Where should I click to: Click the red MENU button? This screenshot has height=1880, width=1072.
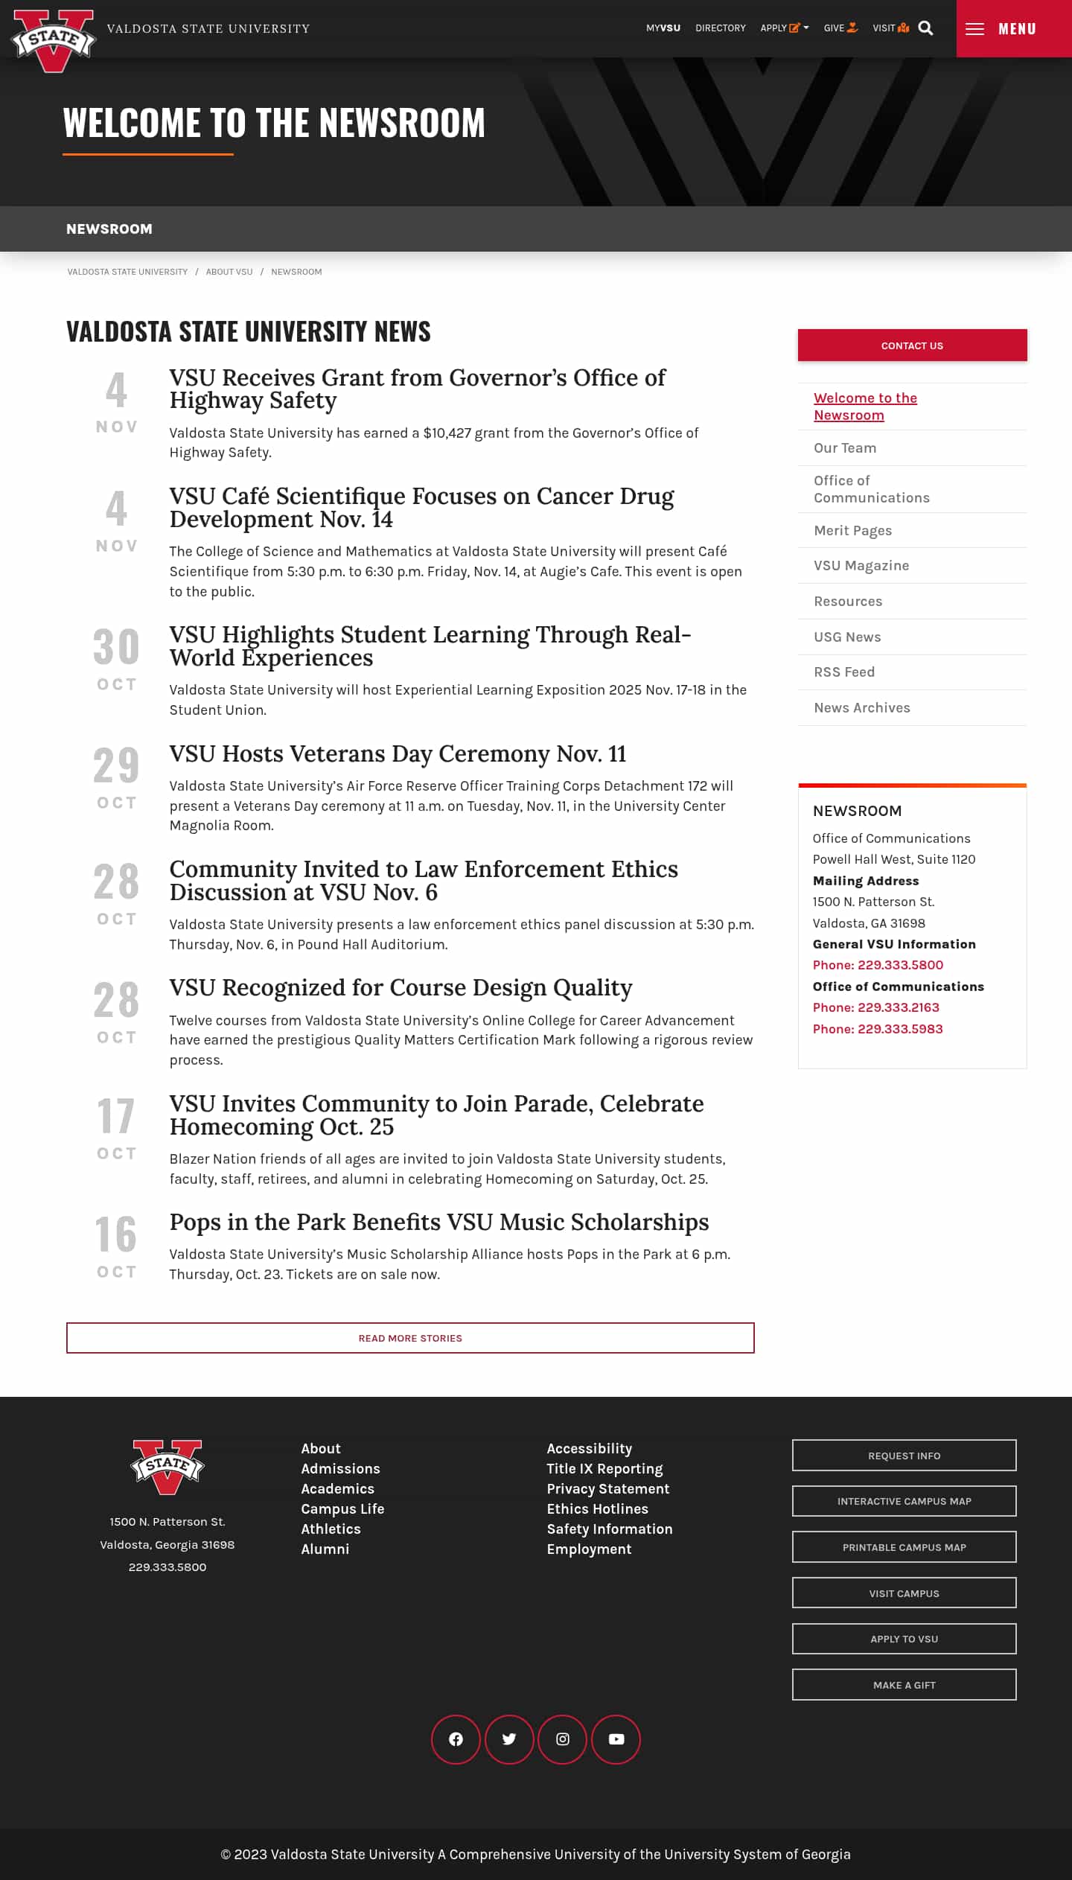1013,28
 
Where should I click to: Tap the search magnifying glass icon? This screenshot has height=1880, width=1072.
925,28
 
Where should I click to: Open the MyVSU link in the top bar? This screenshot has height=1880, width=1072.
663,28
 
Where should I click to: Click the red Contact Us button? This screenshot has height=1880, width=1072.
912,345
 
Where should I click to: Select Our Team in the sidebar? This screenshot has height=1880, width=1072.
844,448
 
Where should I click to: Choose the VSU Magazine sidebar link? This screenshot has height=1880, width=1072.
861,566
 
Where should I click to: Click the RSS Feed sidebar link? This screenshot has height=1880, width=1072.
843,672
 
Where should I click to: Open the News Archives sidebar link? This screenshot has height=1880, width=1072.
861,708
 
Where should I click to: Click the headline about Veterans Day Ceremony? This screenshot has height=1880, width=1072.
398,754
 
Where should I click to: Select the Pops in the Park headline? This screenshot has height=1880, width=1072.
438,1223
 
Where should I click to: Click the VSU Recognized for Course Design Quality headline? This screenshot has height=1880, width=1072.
401,988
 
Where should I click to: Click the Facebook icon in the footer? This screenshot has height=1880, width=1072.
456,1739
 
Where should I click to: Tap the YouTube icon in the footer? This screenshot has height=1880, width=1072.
616,1739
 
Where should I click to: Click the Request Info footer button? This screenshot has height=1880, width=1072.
904,1456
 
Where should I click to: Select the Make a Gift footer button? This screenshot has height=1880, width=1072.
904,1685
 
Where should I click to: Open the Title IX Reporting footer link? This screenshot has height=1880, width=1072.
604,1469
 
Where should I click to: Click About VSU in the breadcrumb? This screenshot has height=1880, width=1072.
229,272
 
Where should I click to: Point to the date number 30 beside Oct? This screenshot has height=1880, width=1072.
116,647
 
